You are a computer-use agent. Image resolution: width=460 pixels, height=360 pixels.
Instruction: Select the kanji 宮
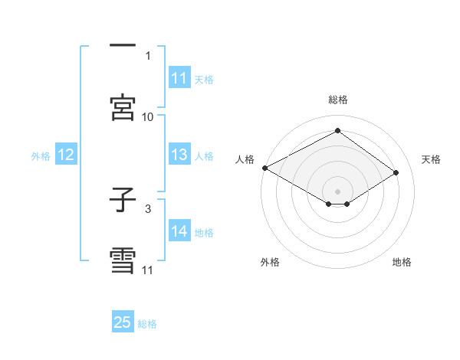tap(123, 106)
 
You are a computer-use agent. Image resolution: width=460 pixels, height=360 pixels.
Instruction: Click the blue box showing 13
tap(179, 155)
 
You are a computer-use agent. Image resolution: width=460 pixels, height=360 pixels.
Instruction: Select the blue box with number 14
tap(179, 232)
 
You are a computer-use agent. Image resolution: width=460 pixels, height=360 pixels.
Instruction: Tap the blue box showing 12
tap(66, 155)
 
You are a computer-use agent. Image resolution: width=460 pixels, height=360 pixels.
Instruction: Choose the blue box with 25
tap(123, 322)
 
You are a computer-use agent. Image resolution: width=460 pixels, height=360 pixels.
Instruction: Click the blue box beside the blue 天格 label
tap(179, 78)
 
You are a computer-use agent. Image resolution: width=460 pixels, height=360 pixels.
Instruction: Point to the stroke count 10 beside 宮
tap(148, 116)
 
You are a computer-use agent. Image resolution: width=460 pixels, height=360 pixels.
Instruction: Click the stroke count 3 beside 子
tap(148, 208)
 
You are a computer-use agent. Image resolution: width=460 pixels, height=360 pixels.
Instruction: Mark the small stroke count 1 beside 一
tap(148, 55)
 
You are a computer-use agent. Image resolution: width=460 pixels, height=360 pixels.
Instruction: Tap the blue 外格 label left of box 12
tap(41, 156)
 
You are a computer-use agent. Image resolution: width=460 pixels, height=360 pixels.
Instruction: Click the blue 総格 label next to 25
tap(147, 323)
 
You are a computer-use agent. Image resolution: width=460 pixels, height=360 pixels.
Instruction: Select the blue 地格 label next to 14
tap(204, 233)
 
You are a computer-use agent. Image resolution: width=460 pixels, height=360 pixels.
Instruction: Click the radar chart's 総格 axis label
tap(337, 100)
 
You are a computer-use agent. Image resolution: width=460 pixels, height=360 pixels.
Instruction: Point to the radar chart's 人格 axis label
tap(245, 159)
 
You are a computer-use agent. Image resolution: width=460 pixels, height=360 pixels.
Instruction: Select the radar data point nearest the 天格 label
tap(396, 173)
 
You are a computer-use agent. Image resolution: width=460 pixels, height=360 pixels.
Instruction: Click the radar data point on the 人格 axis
tap(264, 168)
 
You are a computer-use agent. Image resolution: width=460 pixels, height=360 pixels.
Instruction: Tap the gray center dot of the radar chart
tap(337, 191)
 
